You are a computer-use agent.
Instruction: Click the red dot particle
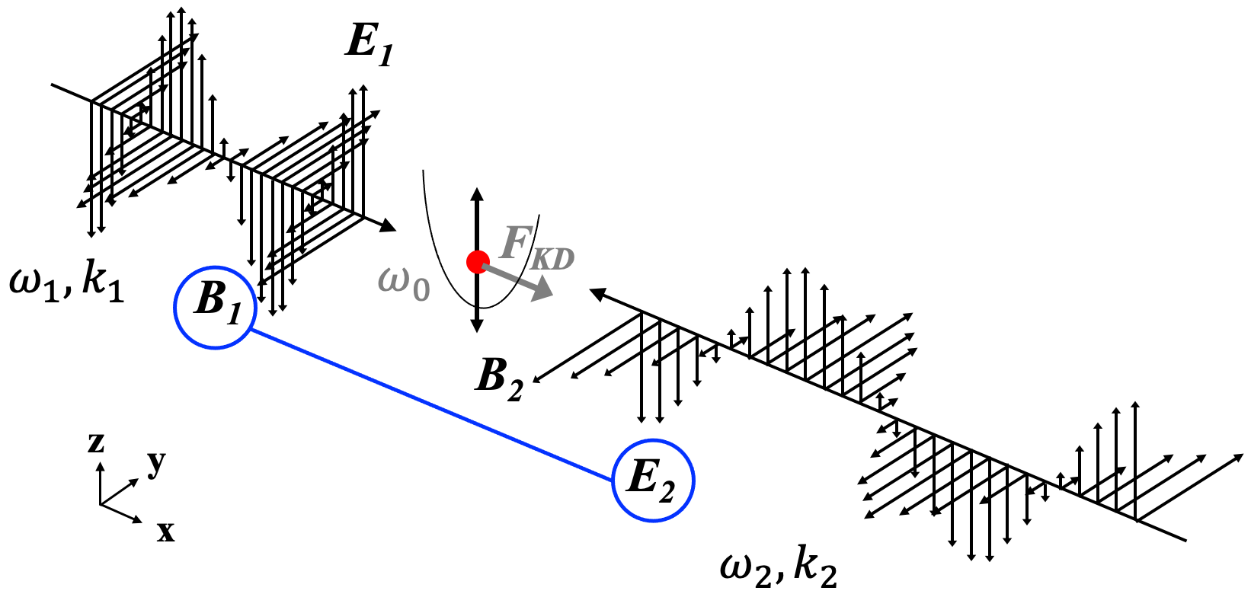click(478, 262)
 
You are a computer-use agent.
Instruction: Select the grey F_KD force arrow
click(526, 283)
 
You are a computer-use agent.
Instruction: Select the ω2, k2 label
click(778, 568)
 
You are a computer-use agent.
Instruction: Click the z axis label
click(96, 442)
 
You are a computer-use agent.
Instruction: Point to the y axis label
click(156, 462)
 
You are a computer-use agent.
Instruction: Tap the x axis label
click(165, 531)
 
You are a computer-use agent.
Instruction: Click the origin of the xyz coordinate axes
click(101, 504)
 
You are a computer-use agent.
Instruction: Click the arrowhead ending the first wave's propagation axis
click(389, 225)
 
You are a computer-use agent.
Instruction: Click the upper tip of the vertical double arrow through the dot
click(477, 193)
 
